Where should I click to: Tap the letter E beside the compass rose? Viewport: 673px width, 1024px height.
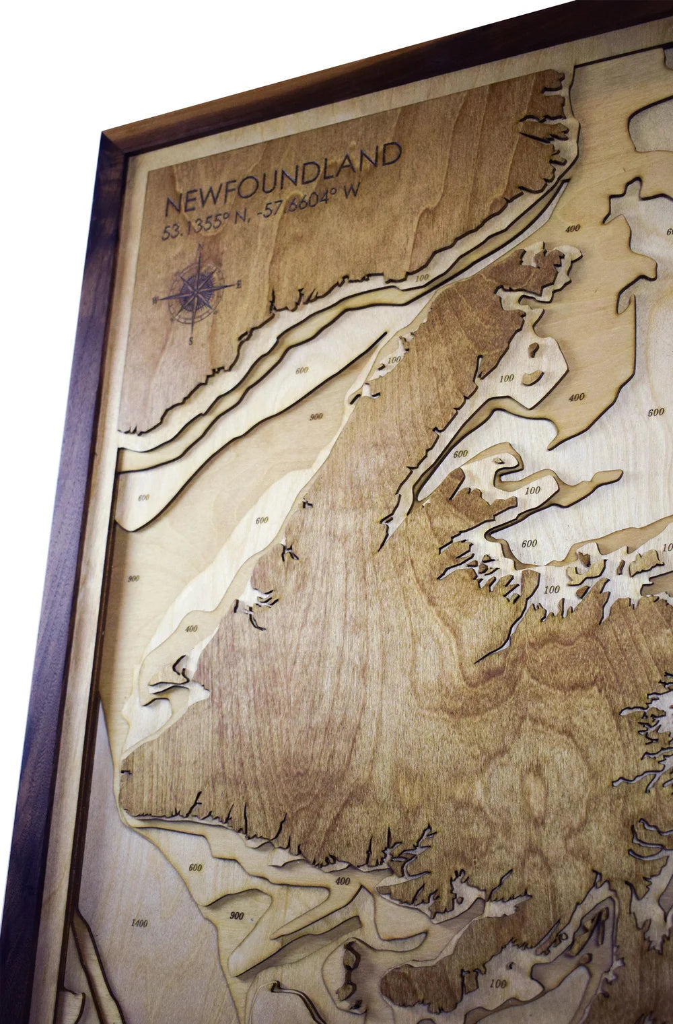point(239,285)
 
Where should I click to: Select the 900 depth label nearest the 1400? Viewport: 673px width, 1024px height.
point(236,916)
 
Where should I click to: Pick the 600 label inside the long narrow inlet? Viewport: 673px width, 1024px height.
point(460,453)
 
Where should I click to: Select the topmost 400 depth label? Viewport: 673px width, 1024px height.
point(573,229)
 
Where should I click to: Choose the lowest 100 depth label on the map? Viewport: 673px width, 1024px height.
point(498,984)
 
